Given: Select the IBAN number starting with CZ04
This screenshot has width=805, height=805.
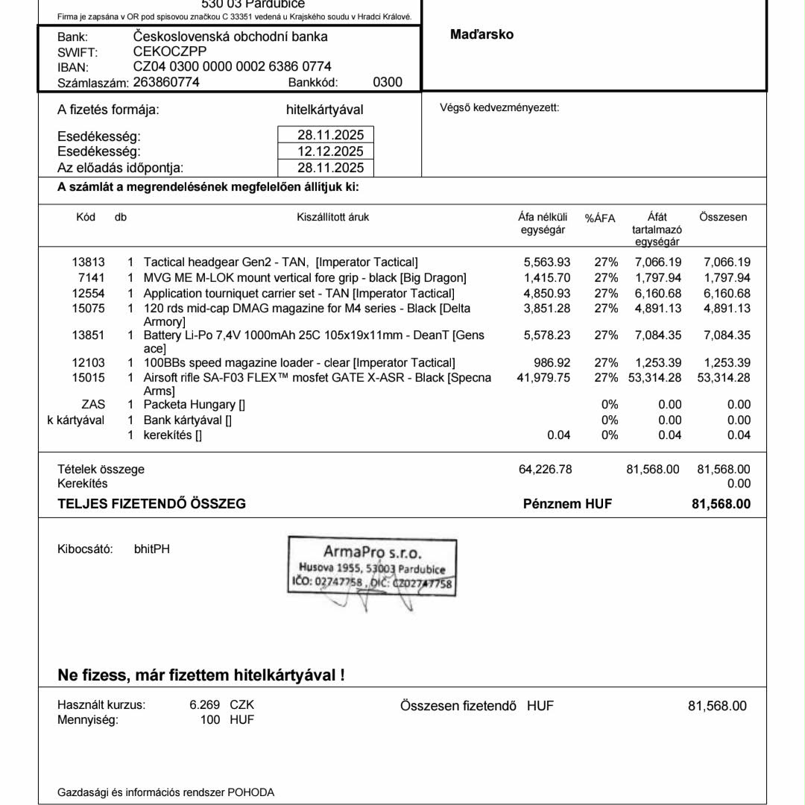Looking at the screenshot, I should [x=232, y=67].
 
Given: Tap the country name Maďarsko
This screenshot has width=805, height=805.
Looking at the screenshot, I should [x=482, y=35].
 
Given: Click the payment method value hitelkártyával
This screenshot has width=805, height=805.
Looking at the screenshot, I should [x=324, y=110].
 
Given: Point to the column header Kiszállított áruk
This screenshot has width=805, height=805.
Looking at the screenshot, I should [x=332, y=217].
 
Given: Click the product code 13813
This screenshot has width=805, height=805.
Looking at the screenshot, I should [x=88, y=262].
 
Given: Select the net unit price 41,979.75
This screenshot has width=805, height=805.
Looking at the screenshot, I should [x=543, y=377].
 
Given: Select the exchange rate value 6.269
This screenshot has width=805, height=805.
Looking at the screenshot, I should [x=205, y=704].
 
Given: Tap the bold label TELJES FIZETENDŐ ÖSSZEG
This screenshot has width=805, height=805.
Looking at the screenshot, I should [x=152, y=504].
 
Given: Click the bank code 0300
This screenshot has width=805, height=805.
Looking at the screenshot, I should [x=387, y=83].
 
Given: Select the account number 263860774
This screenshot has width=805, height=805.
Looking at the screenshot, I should [x=165, y=83].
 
